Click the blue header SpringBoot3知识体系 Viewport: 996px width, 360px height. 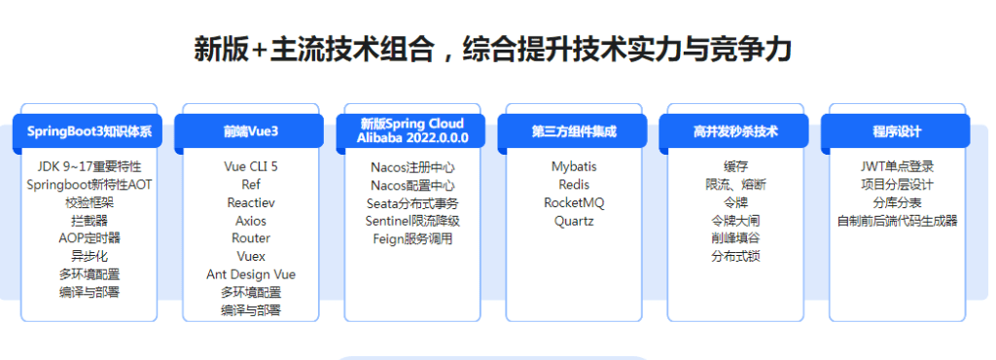click(x=89, y=131)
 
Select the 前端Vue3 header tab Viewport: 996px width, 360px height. click(x=251, y=131)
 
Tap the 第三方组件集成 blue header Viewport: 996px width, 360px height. click(x=574, y=131)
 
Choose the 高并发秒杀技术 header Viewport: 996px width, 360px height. click(x=735, y=131)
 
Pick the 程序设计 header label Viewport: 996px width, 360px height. click(x=897, y=131)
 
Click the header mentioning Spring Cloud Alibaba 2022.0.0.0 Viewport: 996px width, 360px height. click(x=412, y=130)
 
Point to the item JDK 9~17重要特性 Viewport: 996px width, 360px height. click(x=89, y=166)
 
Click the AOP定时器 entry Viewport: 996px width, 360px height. click(x=89, y=237)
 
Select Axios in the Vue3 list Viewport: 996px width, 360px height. click(x=251, y=220)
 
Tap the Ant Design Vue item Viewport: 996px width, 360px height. click(x=251, y=274)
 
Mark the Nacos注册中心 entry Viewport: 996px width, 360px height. click(x=412, y=166)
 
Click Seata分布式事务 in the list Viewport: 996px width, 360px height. click(x=412, y=202)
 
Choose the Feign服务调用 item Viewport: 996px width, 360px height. click(x=412, y=238)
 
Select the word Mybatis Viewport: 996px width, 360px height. click(x=574, y=166)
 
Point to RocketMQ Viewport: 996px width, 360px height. click(x=574, y=202)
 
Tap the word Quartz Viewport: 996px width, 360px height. click(x=574, y=221)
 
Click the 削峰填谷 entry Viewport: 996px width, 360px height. click(x=735, y=238)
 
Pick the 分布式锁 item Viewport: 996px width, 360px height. click(x=735, y=256)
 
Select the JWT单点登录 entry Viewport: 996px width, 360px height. click(x=897, y=166)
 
